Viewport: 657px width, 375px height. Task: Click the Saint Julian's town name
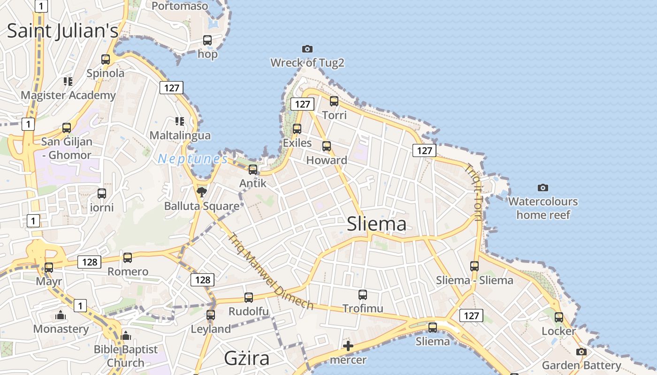(x=62, y=31)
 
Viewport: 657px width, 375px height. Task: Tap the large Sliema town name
(x=376, y=224)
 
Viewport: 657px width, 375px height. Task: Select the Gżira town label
(x=246, y=359)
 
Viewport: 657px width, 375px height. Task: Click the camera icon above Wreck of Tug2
(x=307, y=49)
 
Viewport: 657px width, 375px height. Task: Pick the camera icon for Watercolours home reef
(x=543, y=187)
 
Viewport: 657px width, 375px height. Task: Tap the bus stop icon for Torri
(x=334, y=101)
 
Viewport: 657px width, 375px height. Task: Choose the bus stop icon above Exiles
(x=297, y=128)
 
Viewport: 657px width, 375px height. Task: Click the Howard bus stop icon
(x=327, y=146)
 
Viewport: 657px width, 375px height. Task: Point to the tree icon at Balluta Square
(x=201, y=192)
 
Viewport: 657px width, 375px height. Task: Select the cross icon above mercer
(x=348, y=346)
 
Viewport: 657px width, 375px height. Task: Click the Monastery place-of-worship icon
(x=61, y=315)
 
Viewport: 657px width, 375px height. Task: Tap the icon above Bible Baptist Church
(x=125, y=336)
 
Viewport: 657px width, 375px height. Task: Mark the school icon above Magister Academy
(x=68, y=82)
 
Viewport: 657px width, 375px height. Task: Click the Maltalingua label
(x=180, y=135)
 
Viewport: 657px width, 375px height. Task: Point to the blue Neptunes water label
(x=192, y=159)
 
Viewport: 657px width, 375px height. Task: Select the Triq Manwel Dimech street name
(x=271, y=272)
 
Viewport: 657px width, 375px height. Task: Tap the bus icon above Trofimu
(x=363, y=294)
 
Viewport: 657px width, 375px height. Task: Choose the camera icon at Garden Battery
(x=581, y=352)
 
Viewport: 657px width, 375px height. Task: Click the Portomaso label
(x=180, y=6)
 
